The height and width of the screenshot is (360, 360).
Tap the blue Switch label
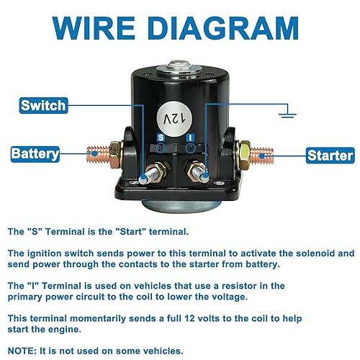click(x=43, y=106)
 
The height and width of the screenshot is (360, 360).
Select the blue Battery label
click(x=40, y=153)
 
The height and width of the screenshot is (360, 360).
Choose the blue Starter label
click(x=330, y=155)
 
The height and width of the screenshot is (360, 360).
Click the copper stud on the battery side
click(x=101, y=154)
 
